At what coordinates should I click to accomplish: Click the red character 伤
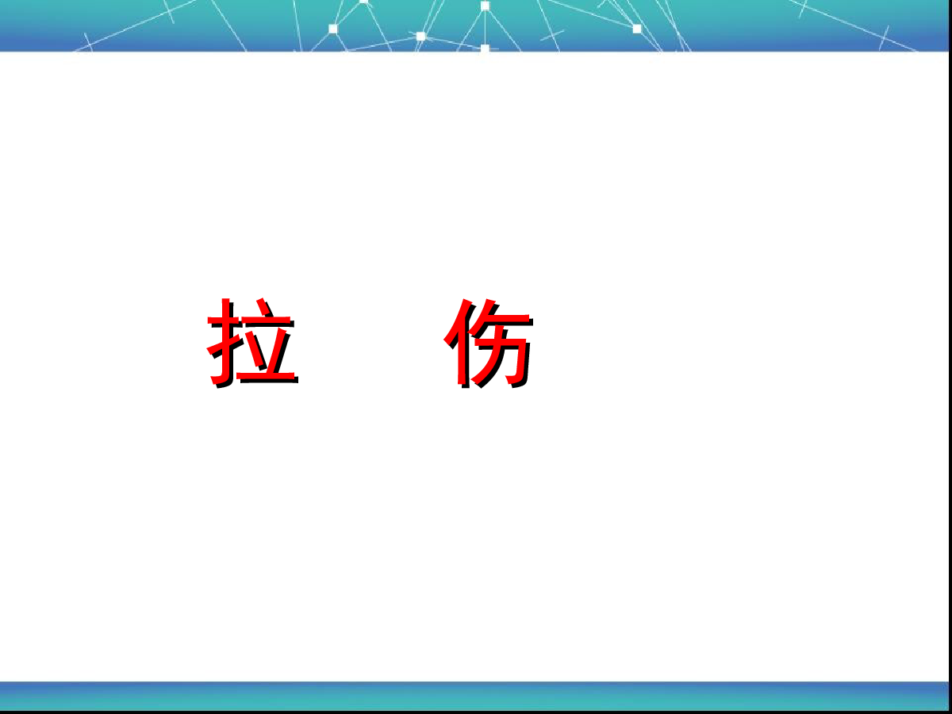click(x=488, y=343)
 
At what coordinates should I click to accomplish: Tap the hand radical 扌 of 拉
click(x=224, y=342)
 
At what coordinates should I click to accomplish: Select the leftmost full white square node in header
click(x=333, y=29)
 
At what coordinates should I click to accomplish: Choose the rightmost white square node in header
click(x=637, y=29)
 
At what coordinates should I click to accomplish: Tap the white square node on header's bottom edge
click(x=485, y=48)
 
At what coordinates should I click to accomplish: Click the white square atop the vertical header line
click(x=485, y=6)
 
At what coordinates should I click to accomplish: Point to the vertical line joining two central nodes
click(x=485, y=27)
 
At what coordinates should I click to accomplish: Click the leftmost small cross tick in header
click(x=88, y=43)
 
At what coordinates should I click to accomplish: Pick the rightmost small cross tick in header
click(x=884, y=38)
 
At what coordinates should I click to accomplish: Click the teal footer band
click(x=474, y=696)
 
